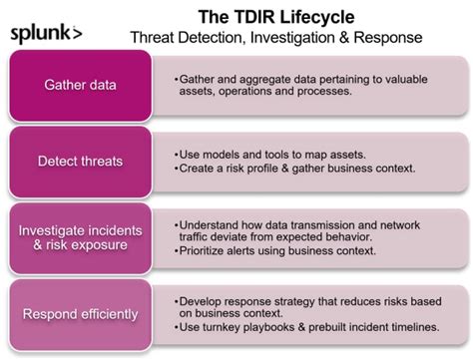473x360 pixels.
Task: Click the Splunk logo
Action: click(46, 34)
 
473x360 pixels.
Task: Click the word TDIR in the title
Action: click(250, 17)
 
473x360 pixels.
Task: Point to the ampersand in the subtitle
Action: click(344, 37)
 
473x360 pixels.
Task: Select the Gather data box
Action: click(80, 86)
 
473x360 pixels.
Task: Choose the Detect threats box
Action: click(80, 162)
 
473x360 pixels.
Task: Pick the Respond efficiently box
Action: click(80, 314)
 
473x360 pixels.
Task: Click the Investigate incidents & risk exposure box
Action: click(80, 238)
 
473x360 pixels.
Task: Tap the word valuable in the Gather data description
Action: click(406, 80)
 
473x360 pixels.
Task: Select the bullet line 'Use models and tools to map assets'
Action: click(269, 155)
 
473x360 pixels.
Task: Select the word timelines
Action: click(415, 327)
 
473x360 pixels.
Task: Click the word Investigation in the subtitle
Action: click(292, 38)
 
